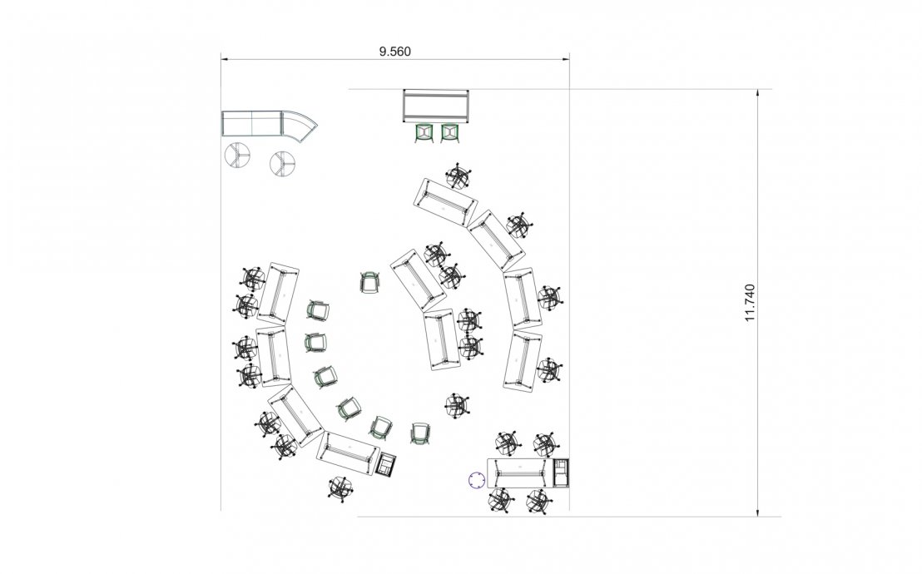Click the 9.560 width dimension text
coord(395,51)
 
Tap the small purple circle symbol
coord(476,480)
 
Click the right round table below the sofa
coord(284,161)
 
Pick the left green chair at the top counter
coord(424,133)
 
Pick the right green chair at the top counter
coord(449,133)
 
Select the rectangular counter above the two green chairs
coord(436,106)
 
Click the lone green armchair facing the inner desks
coord(369,283)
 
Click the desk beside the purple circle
coord(518,473)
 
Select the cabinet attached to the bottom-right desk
coord(563,472)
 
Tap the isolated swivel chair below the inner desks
coord(456,405)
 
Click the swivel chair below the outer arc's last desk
coord(340,487)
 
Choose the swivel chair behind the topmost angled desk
coord(459,176)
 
